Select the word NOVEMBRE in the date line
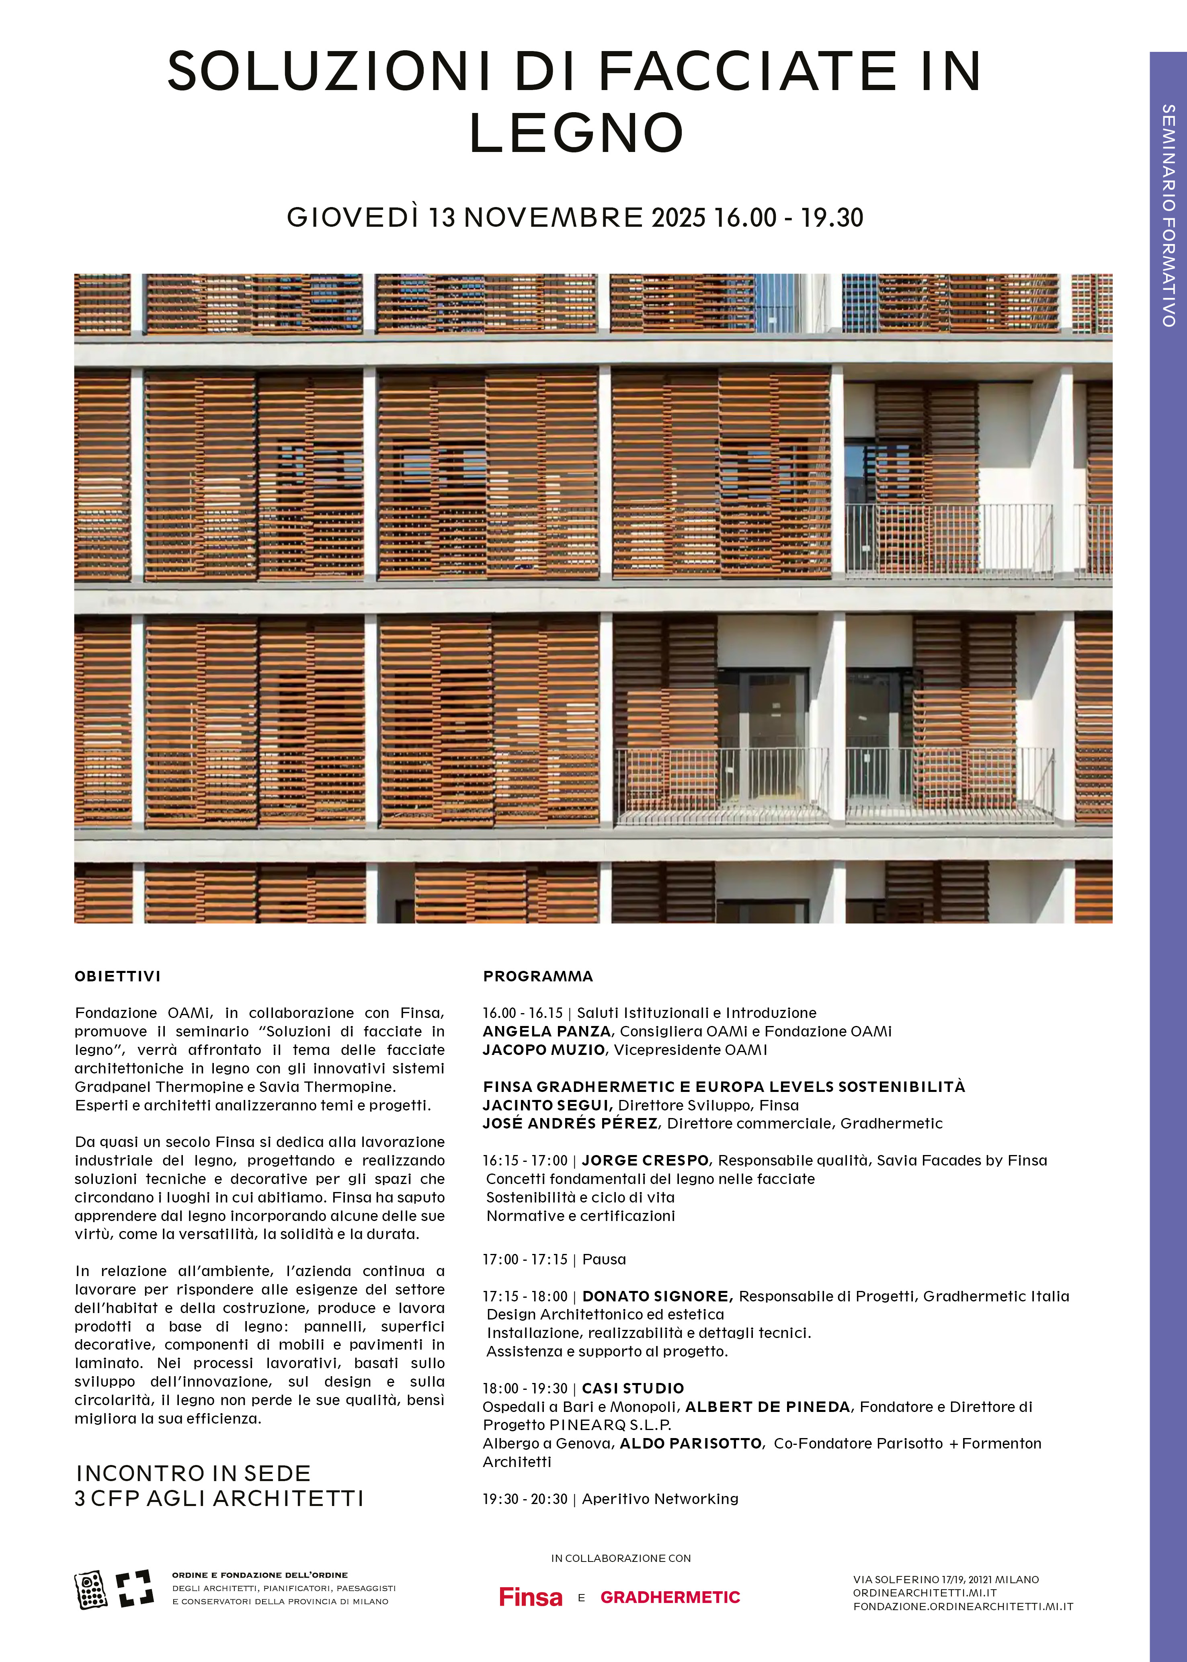click(553, 218)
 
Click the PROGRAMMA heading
click(538, 977)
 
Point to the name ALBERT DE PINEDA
click(767, 1406)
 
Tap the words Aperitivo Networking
click(660, 1498)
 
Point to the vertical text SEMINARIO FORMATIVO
click(1168, 215)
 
